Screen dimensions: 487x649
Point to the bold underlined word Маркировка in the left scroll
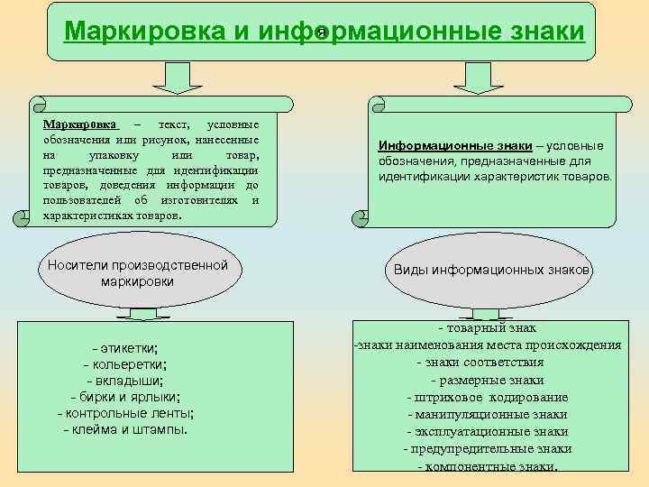pyautogui.click(x=80, y=124)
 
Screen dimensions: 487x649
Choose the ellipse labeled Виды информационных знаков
pyautogui.click(x=492, y=271)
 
